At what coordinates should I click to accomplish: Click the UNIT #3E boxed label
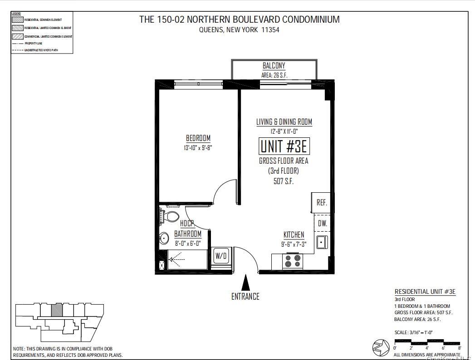click(284, 146)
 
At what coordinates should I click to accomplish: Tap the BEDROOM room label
click(198, 138)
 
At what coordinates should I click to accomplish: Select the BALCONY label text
click(274, 66)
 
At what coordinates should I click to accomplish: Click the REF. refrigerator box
click(322, 202)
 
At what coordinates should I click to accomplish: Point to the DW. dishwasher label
click(322, 224)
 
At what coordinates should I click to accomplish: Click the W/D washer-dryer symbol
click(221, 256)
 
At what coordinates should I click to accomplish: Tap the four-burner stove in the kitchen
click(292, 262)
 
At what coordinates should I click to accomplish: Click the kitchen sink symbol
click(321, 242)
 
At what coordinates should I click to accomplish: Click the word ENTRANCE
click(245, 297)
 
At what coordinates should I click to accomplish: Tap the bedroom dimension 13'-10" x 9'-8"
click(198, 147)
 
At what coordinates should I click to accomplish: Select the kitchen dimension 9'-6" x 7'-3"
click(294, 244)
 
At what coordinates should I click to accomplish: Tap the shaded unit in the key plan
click(56, 310)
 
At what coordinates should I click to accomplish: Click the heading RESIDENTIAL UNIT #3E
click(425, 292)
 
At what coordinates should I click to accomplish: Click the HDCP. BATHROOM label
click(188, 229)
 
